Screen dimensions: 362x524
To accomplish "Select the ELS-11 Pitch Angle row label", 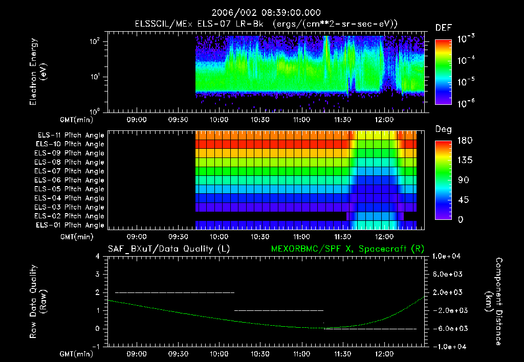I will click(71, 135).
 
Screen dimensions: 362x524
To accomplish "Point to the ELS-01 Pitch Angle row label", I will click(71, 225).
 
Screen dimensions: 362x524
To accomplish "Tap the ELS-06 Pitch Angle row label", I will click(71, 180).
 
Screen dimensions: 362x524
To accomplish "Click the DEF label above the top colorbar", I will click(443, 28).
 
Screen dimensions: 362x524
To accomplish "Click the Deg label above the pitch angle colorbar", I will click(443, 129).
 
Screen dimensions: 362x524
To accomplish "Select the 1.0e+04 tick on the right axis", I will click(448, 256).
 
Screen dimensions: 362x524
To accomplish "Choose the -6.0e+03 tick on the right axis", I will click(448, 328).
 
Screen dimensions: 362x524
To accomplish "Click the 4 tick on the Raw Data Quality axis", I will click(98, 256).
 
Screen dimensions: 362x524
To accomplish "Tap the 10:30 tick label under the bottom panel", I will click(260, 353).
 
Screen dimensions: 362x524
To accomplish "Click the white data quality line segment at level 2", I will click(174, 292).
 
